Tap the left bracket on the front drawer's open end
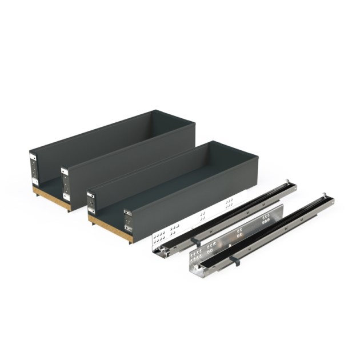pos(91,205)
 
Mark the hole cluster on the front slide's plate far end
pos(266,219)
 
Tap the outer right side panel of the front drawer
pos(194,197)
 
